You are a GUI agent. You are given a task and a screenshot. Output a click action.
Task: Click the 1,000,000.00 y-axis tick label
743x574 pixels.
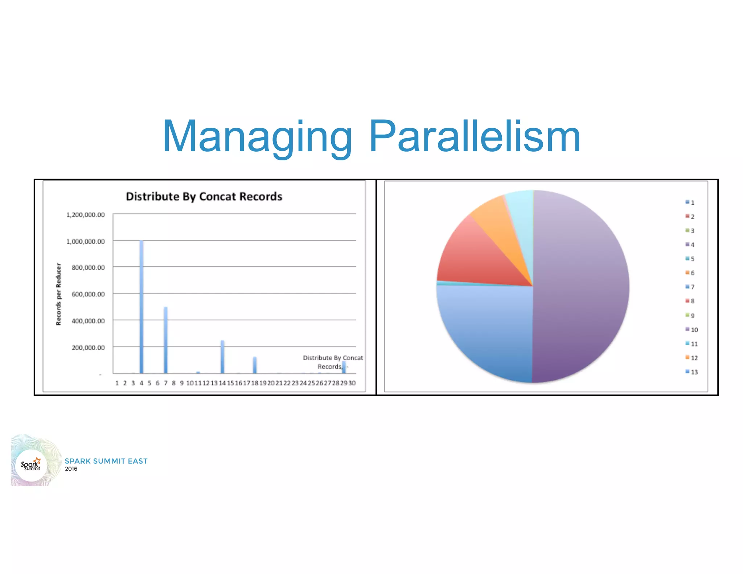coord(85,241)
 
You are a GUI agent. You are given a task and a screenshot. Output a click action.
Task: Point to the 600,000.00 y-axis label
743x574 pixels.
coord(88,294)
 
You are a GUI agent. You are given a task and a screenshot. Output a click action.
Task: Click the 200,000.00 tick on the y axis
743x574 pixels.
coord(88,347)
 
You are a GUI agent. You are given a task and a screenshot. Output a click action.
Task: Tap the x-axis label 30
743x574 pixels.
coord(352,383)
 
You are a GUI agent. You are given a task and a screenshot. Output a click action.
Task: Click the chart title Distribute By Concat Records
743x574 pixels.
coord(204,196)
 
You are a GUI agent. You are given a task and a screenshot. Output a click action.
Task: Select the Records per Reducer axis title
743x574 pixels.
coord(58,294)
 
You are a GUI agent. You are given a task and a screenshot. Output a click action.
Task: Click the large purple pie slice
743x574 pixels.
coord(580,287)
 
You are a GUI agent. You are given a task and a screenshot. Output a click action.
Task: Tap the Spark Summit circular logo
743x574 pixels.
coord(31,465)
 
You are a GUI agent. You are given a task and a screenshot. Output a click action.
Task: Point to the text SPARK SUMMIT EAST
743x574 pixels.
coord(106,461)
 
